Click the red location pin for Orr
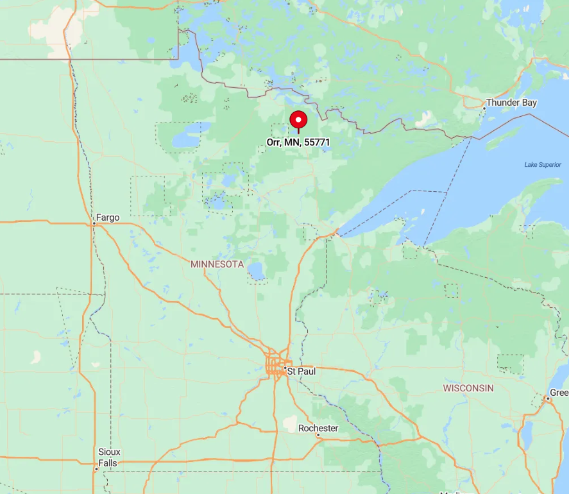(x=298, y=120)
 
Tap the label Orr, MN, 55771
(x=298, y=142)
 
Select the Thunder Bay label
(x=511, y=103)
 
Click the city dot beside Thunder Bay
(x=484, y=108)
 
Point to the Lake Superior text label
(x=542, y=165)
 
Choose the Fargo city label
(x=108, y=217)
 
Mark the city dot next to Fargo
(x=94, y=224)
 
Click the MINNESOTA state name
(x=217, y=264)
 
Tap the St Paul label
(x=301, y=371)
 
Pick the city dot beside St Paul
(x=285, y=368)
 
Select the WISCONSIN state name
(x=468, y=388)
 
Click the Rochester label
(x=318, y=428)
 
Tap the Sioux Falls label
(x=109, y=457)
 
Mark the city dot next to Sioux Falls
(x=96, y=468)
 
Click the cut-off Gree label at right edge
(x=559, y=393)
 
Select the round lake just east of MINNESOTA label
(x=257, y=272)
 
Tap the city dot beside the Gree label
(x=547, y=398)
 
